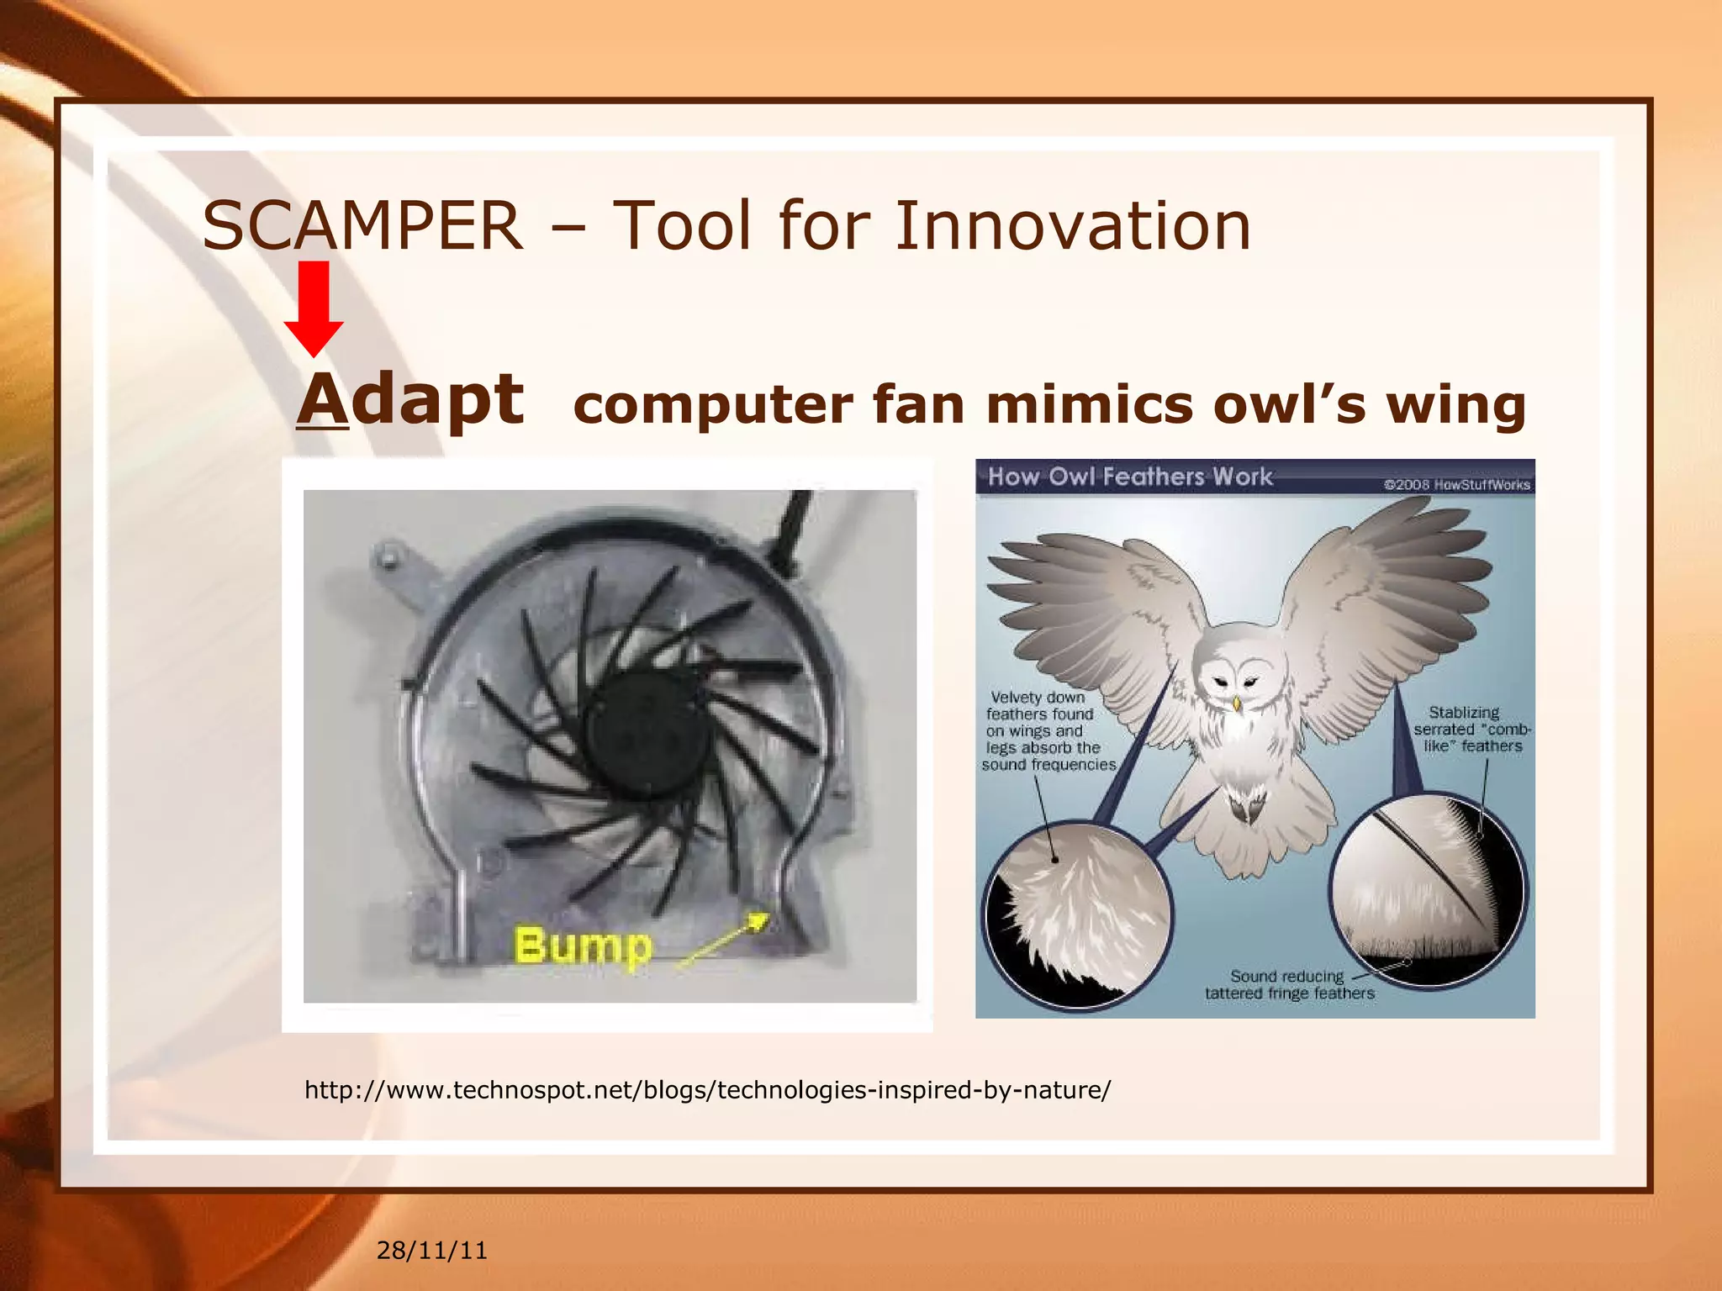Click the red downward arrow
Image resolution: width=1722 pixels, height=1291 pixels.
coord(314,308)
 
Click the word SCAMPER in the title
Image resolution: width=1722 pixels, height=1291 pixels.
coord(362,227)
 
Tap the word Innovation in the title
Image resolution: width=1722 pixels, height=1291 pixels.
coord(1072,227)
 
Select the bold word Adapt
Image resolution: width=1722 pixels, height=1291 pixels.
coord(410,401)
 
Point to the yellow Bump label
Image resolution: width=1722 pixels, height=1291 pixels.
coord(583,946)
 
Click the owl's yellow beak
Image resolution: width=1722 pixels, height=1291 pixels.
coord(1236,702)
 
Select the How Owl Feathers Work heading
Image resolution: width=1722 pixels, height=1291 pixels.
coord(1129,477)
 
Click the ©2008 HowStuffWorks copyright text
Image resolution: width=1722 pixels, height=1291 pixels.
coord(1456,485)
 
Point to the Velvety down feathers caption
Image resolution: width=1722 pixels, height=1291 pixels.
coord(1047,730)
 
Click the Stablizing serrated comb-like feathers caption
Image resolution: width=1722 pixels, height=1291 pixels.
coord(1471,729)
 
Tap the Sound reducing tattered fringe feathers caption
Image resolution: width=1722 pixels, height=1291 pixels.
coord(1288,984)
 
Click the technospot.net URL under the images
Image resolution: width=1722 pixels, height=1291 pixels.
coord(707,1090)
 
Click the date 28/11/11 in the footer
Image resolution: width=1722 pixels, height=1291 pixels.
coord(431,1251)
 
